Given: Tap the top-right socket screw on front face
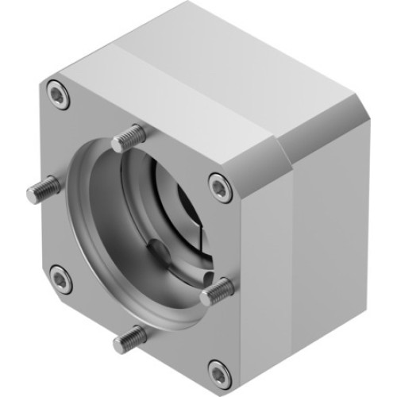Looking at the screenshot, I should pyautogui.click(x=219, y=186).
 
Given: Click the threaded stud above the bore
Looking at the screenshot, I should pyautogui.click(x=127, y=140).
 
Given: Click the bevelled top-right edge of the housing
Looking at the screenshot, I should pyautogui.click(x=318, y=135).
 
